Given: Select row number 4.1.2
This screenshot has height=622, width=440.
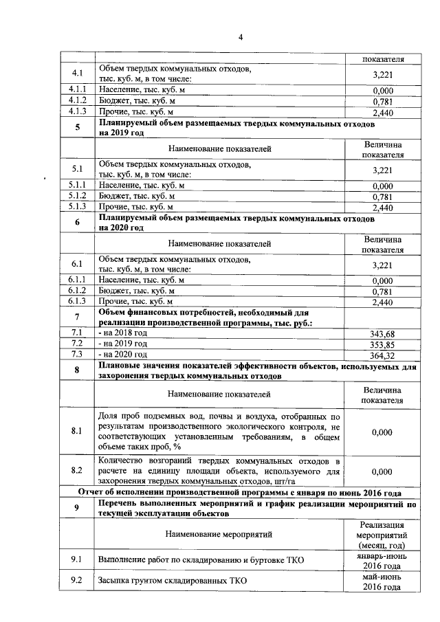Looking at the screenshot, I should tap(77, 100).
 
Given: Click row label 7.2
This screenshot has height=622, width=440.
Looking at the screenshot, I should tap(77, 344).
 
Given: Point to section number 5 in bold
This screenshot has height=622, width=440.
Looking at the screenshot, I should tap(77, 127).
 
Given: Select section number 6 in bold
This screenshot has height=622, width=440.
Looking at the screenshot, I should tap(77, 222).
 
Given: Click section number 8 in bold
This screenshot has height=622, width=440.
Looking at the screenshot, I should tap(77, 371).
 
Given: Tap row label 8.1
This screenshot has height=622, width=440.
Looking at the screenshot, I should tap(77, 432).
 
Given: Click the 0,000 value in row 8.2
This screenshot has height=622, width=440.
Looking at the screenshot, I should tap(381, 473).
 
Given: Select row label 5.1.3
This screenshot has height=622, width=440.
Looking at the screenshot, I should tap(77, 206).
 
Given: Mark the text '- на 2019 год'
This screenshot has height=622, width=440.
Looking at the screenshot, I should tap(124, 344).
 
